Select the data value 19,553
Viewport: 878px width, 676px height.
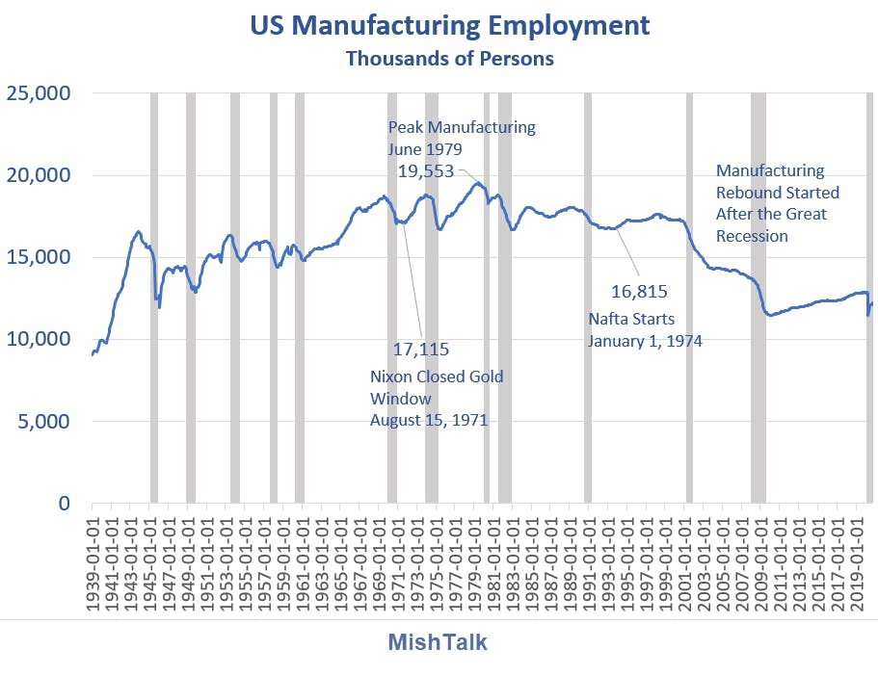pyautogui.click(x=433, y=170)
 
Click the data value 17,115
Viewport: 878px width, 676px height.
pyautogui.click(x=421, y=349)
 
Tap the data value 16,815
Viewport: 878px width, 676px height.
pyautogui.click(x=639, y=292)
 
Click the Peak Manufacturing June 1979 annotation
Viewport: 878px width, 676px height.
pyautogui.click(x=462, y=138)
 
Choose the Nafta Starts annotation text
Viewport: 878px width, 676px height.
pyautogui.click(x=645, y=328)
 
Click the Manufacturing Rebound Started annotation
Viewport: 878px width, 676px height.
pyautogui.click(x=778, y=203)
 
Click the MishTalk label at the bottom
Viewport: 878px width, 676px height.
pyautogui.click(x=438, y=642)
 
